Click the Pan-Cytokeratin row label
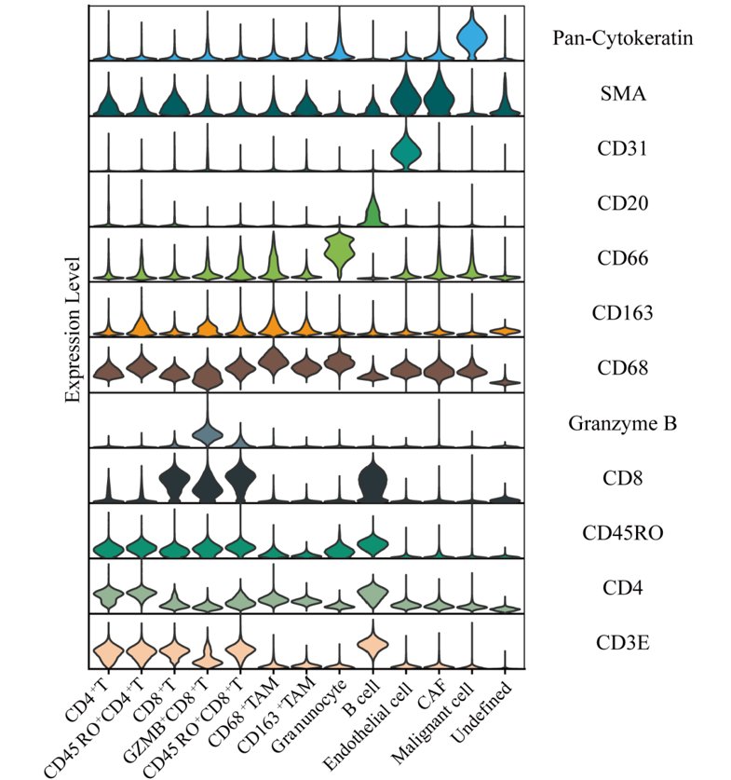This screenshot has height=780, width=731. (x=623, y=38)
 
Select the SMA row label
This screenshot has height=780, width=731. (x=623, y=93)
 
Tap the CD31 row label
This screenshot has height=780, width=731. (x=622, y=148)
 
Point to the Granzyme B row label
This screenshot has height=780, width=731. (x=622, y=423)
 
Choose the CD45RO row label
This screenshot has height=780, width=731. (x=623, y=533)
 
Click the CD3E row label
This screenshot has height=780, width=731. (x=623, y=643)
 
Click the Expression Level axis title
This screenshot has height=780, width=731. (x=73, y=330)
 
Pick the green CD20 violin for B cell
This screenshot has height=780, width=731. (x=373, y=204)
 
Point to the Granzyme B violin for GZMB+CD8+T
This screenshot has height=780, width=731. (x=208, y=431)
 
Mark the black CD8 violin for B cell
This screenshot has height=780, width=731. (x=373, y=478)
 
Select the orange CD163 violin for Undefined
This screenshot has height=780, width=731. (x=505, y=330)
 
